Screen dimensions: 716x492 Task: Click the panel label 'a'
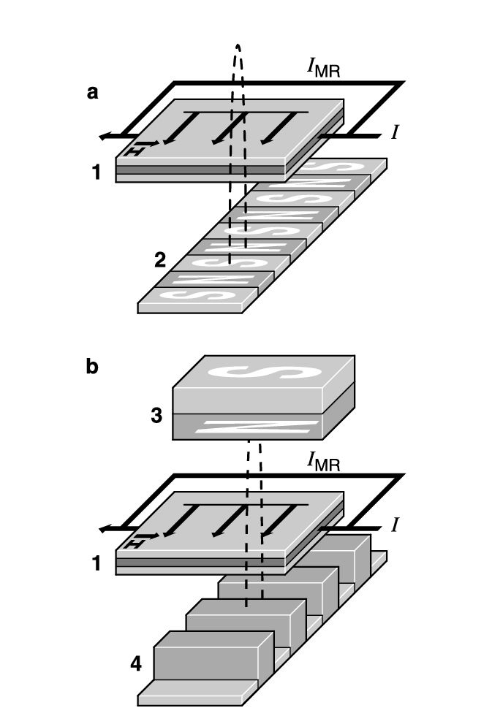92,93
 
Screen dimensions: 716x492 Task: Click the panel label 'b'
92,366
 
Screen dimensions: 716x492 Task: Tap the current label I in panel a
395,133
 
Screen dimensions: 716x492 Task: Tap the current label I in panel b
395,525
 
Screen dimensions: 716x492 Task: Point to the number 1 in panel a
96,172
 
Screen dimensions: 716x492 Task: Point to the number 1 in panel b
96,564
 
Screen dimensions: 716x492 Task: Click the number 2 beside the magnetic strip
161,259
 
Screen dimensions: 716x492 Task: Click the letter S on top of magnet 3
265,372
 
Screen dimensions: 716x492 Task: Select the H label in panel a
133,151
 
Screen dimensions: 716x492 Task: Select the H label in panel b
133,544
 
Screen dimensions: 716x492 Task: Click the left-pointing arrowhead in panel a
107,136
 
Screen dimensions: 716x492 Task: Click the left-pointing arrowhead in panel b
107,528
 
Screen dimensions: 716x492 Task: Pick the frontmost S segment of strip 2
194,294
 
